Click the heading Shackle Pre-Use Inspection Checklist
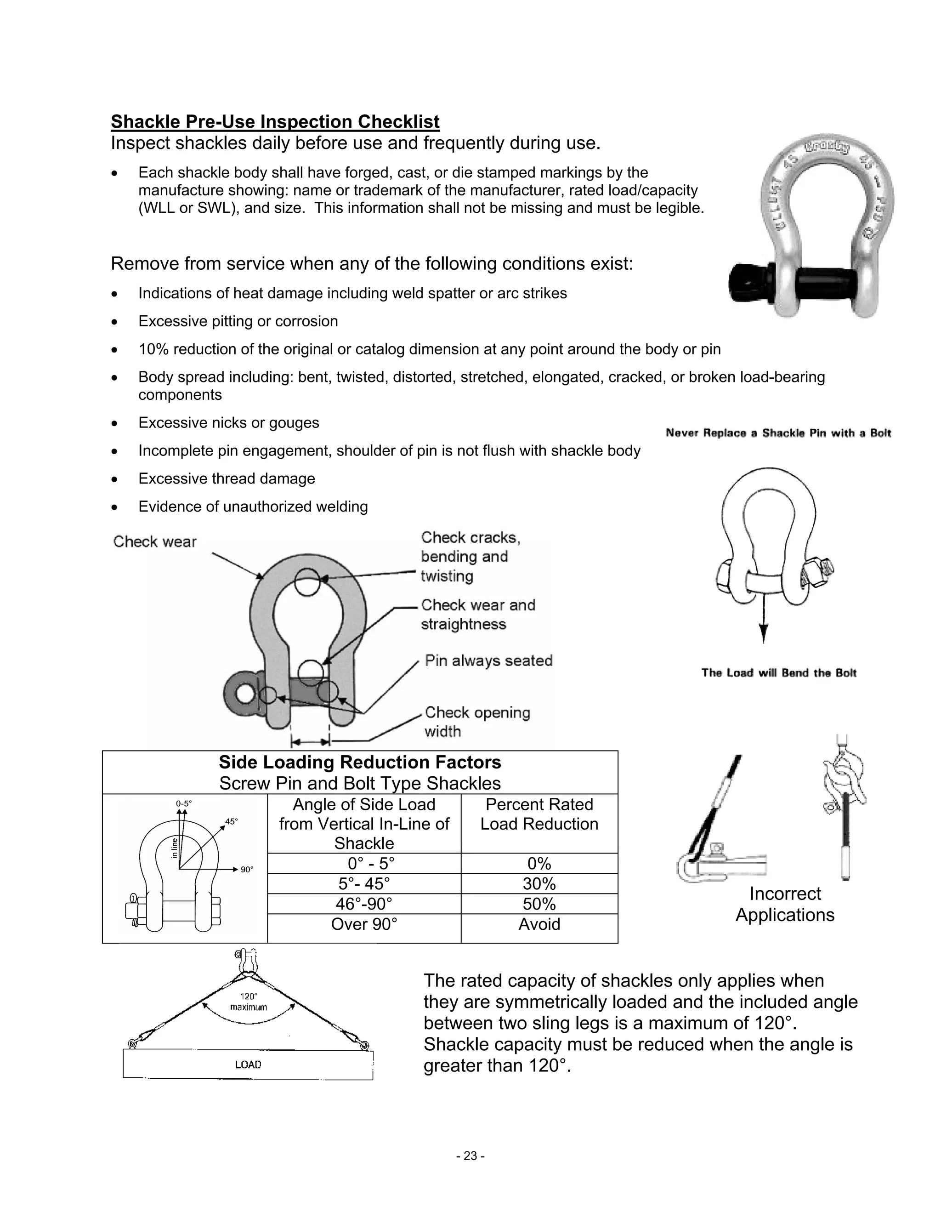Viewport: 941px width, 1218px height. pyautogui.click(x=275, y=122)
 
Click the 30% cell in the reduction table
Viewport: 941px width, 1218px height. pyautogui.click(x=539, y=883)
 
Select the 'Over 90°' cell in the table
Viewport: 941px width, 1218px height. pyautogui.click(x=364, y=924)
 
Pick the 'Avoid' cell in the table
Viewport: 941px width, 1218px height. pyautogui.click(x=539, y=924)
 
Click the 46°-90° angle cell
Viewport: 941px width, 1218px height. pyautogui.click(x=364, y=904)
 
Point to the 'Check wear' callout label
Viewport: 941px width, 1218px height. pyautogui.click(x=154, y=541)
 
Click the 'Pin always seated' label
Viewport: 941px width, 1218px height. pyautogui.click(x=488, y=660)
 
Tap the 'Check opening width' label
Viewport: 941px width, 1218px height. pyautogui.click(x=477, y=722)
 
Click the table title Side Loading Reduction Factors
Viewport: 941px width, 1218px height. pyautogui.click(x=360, y=763)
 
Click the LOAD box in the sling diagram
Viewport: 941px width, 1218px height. pyautogui.click(x=248, y=1064)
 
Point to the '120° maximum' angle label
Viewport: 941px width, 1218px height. pyautogui.click(x=249, y=1002)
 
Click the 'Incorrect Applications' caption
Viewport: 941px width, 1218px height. pyautogui.click(x=784, y=904)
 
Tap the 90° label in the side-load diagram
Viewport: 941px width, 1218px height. pyautogui.click(x=246, y=870)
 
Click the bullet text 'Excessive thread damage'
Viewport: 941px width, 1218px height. pyautogui.click(x=227, y=478)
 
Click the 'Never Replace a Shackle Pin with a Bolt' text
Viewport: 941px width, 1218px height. pyautogui.click(x=778, y=433)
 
